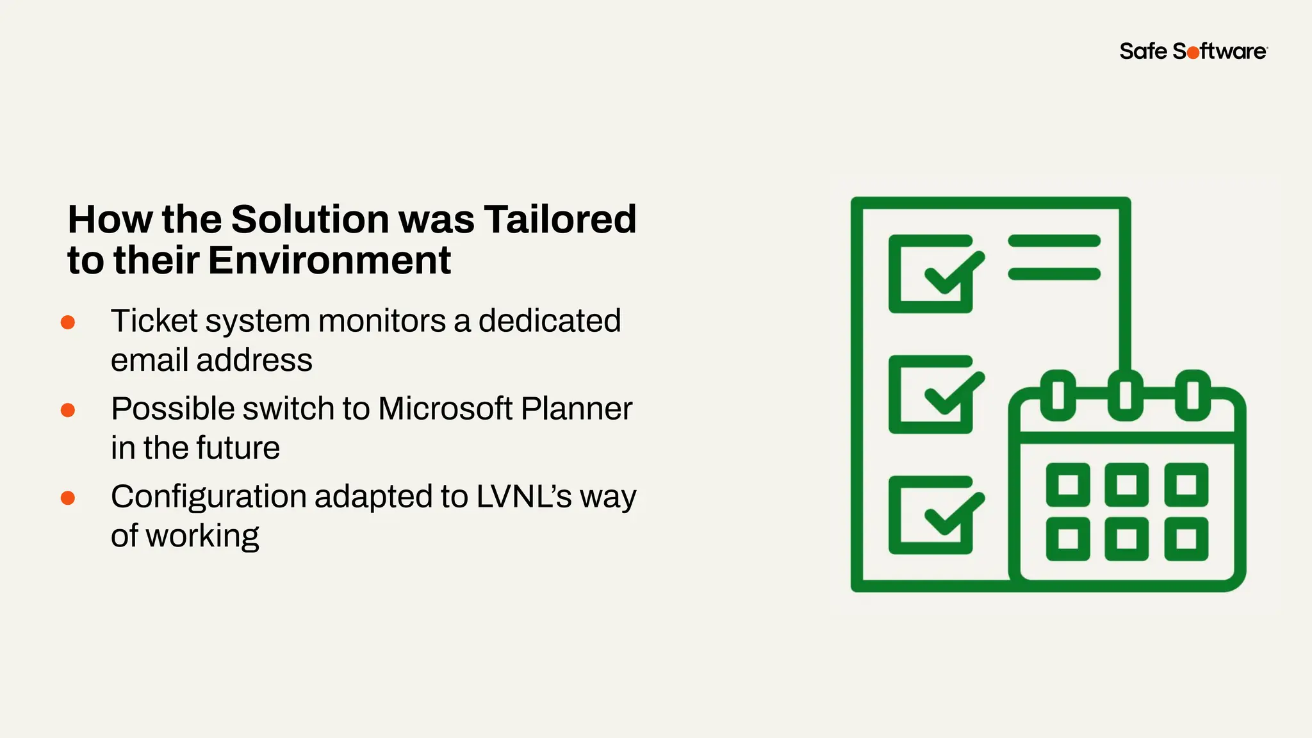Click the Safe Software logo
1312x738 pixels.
[1193, 51]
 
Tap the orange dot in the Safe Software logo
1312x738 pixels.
[1193, 53]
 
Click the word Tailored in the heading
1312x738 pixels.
[560, 219]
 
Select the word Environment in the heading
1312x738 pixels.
[329, 260]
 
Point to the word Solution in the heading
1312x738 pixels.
[310, 219]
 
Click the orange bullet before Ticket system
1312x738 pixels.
[68, 322]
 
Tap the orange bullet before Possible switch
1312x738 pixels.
[68, 410]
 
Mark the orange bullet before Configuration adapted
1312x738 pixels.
[68, 498]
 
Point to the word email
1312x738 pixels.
[150, 360]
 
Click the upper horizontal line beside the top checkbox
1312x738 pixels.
[1054, 241]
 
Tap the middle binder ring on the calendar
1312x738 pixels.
[1125, 395]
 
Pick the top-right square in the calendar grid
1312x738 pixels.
[1186, 484]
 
